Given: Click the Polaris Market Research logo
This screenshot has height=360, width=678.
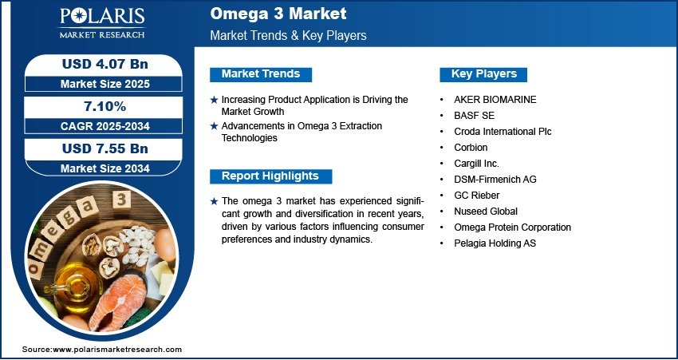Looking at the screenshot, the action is pyautogui.click(x=102, y=23).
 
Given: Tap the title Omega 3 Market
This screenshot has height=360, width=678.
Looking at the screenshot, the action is pyautogui.click(x=278, y=14).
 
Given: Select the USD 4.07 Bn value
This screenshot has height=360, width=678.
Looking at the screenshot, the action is pyautogui.click(x=105, y=64).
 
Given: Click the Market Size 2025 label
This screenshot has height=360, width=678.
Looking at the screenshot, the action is pyautogui.click(x=105, y=84).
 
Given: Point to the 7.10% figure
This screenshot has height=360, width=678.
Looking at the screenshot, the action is pyautogui.click(x=105, y=106).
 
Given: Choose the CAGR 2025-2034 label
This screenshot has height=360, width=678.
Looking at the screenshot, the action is pyautogui.click(x=105, y=126).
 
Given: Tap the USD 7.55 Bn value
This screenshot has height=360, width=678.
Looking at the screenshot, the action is pyautogui.click(x=105, y=148).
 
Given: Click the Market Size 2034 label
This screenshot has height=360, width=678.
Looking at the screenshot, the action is pyautogui.click(x=105, y=168).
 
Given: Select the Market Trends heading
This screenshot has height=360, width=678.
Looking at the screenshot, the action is pyautogui.click(x=261, y=74).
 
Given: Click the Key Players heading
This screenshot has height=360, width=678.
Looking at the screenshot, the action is pyautogui.click(x=484, y=74).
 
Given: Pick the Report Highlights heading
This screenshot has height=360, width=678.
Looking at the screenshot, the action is pyautogui.click(x=270, y=176).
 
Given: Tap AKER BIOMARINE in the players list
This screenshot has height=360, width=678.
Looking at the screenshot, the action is pyautogui.click(x=495, y=100).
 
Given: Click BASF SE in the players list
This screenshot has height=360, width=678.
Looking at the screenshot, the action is pyautogui.click(x=474, y=116).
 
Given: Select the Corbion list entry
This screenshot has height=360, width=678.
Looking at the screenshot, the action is pyautogui.click(x=471, y=148).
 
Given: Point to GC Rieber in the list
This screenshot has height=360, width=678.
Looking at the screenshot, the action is pyautogui.click(x=476, y=195).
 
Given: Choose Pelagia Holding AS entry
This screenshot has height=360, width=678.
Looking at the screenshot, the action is pyautogui.click(x=495, y=243).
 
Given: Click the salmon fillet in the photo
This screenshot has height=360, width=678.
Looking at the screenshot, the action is pyautogui.click(x=119, y=299).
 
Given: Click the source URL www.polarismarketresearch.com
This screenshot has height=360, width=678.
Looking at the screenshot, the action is pyautogui.click(x=117, y=350).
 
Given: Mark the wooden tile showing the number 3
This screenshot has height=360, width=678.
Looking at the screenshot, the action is pyautogui.click(x=121, y=200).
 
